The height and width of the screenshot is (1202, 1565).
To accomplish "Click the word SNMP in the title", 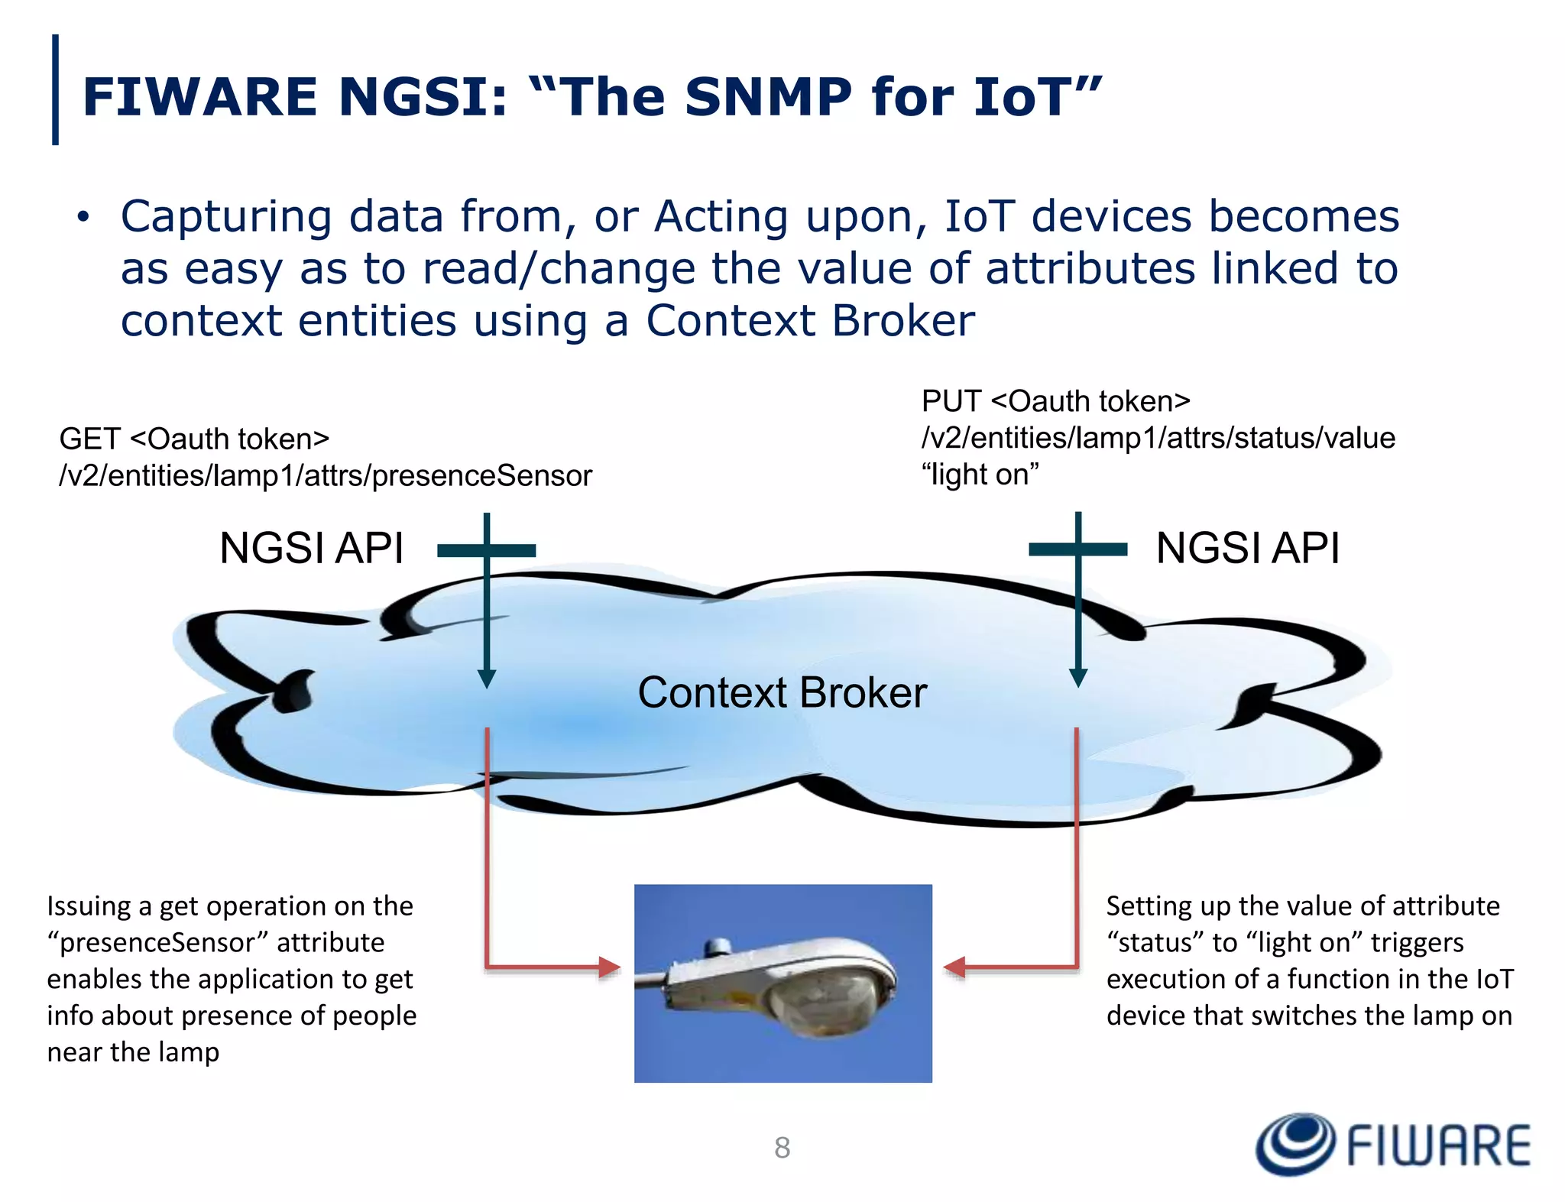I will click(767, 98).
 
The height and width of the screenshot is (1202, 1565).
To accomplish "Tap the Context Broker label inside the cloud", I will click(782, 692).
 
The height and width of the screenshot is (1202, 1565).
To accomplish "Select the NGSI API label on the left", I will click(311, 548).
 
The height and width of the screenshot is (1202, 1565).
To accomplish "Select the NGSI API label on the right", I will click(1248, 548).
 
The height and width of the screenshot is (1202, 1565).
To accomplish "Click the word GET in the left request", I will click(89, 439).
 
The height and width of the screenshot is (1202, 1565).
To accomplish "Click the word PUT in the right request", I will click(951, 402).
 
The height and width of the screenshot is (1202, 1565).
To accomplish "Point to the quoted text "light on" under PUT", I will click(980, 475).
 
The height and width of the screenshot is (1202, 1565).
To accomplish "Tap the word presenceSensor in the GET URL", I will click(482, 476).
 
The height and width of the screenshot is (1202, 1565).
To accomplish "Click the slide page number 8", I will click(782, 1147).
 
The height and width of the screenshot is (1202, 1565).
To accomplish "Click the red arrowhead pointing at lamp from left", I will click(609, 967).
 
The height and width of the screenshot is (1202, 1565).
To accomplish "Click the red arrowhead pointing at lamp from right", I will click(954, 967).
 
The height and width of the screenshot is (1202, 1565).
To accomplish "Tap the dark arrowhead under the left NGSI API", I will click(487, 678).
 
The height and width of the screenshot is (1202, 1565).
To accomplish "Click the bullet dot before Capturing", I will click(83, 218).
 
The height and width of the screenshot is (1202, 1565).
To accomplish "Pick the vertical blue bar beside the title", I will click(55, 89).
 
